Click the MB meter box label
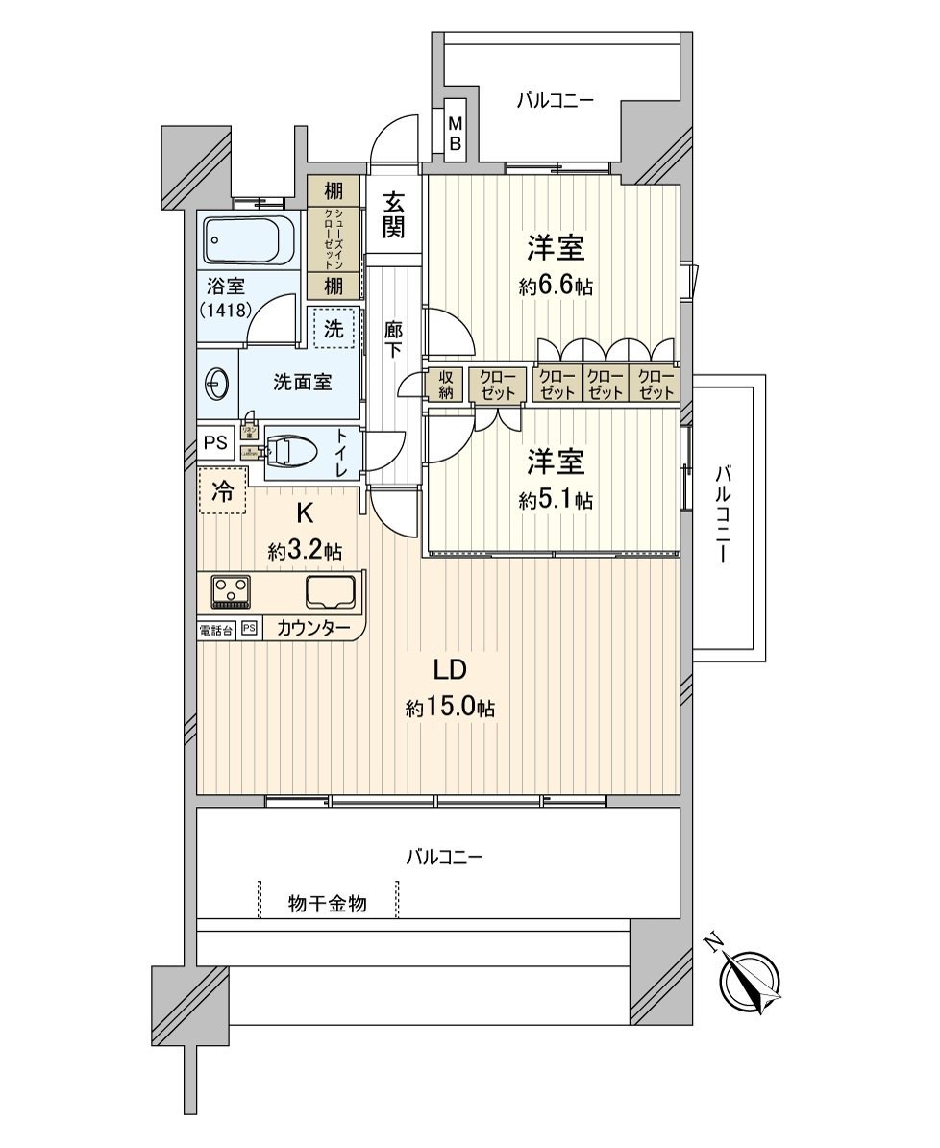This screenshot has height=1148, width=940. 457,133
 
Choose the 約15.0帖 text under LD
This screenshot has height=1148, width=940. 450,709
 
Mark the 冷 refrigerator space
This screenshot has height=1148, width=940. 222,491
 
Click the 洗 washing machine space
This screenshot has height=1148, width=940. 333,328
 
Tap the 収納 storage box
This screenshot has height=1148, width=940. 446,385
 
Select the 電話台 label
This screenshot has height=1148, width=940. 215,630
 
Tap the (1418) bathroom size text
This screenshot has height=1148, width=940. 227,310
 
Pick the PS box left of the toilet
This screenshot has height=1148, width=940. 216,443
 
